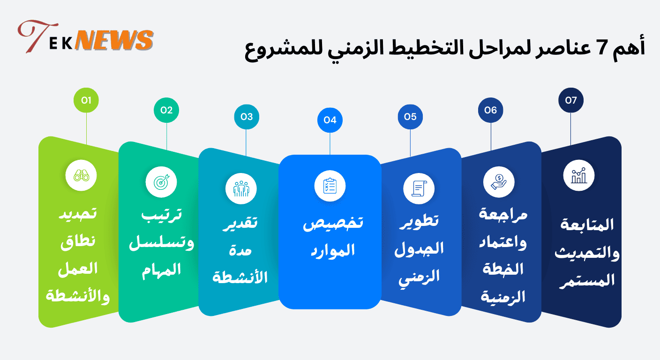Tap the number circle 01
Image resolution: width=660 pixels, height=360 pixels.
[x=86, y=100]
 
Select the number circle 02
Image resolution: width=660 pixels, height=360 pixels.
[x=166, y=110]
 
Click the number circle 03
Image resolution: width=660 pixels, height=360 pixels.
[x=247, y=117]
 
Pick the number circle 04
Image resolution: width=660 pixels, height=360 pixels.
[x=330, y=120]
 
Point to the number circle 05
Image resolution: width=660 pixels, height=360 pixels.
[x=410, y=117]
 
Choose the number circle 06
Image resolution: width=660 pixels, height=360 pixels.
[x=490, y=110]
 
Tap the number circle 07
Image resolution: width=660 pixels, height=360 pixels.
[x=570, y=100]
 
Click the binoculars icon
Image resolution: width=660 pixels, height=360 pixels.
[x=85, y=176]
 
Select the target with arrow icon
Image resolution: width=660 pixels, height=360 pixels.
[x=161, y=182]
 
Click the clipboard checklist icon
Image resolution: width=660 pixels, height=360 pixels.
[x=330, y=186]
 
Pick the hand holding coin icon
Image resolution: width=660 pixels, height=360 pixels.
[x=499, y=182]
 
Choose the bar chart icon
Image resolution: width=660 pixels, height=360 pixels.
[x=579, y=176]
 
